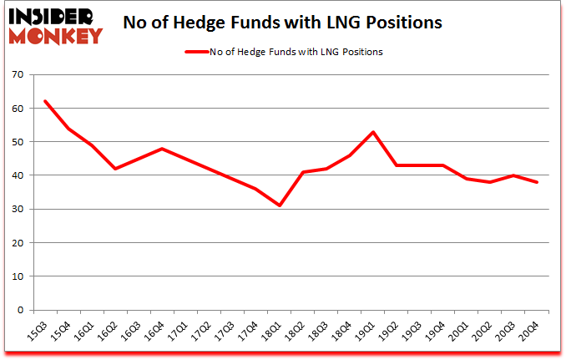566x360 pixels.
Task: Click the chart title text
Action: [x=282, y=23]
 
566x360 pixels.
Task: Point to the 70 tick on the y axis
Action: [x=18, y=75]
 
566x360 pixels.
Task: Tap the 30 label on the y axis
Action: [x=18, y=209]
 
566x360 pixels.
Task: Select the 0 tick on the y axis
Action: [x=20, y=310]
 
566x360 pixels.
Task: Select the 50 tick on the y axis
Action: [x=18, y=142]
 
